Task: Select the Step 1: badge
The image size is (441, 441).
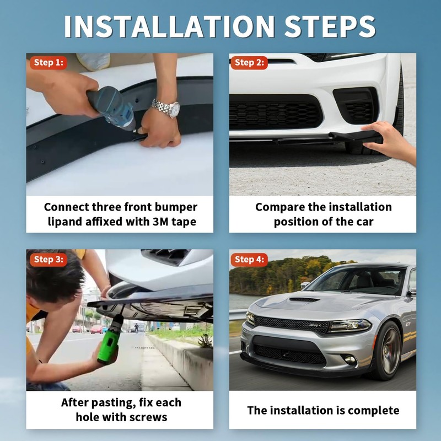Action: [48, 62]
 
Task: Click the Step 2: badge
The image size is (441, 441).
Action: [249, 62]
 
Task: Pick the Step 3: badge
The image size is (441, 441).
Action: [48, 259]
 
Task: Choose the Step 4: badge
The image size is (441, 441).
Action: [249, 259]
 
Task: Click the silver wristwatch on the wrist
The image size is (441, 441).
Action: [165, 107]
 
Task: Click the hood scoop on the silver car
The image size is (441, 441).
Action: [304, 300]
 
